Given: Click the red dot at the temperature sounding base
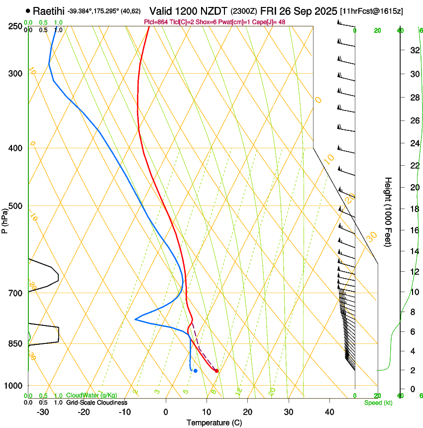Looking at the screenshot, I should tap(216, 370).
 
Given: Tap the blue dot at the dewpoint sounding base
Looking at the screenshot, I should tap(196, 370).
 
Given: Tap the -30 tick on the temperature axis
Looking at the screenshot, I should tap(43, 412).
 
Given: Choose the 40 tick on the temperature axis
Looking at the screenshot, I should tap(329, 412).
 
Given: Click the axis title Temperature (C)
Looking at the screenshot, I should tap(214, 423).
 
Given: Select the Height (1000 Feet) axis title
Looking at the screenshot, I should tap(388, 212).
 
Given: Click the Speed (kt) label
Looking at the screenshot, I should tap(378, 403).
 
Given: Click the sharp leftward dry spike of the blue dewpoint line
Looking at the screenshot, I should tap(135, 319).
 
